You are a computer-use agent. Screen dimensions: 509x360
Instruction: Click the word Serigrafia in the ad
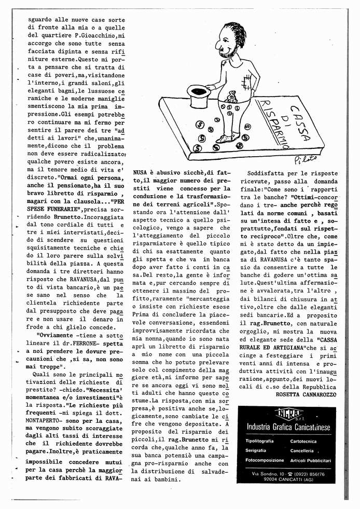point(256,450)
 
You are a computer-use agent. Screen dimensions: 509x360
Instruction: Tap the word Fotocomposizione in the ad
point(265,460)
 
